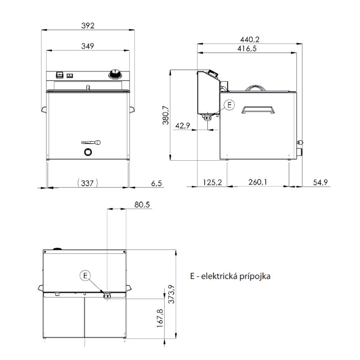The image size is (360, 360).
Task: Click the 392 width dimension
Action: pos(88,26)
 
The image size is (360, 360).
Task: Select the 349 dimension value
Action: pos(88,46)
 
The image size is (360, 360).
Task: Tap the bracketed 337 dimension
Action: pos(87,183)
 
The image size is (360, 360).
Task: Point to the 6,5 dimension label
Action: pos(157,183)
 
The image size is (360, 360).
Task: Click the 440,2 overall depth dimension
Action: pos(250,40)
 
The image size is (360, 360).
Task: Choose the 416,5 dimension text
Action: pos(247,49)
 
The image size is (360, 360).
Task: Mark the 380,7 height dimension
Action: pos(166,115)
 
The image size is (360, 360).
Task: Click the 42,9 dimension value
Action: pos(183,126)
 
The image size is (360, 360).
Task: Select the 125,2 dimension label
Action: pos(212,182)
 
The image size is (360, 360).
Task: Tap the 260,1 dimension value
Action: pos(257,182)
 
